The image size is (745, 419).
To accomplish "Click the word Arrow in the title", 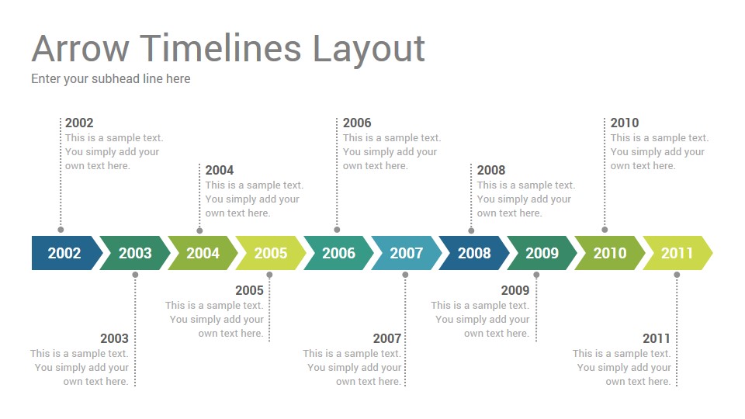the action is (x=80, y=48).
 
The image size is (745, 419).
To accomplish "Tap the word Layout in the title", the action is (x=368, y=51).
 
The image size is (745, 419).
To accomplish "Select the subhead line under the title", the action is (x=111, y=79).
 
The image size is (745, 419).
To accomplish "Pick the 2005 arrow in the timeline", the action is (x=271, y=253).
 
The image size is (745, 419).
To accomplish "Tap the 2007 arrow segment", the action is (x=406, y=253).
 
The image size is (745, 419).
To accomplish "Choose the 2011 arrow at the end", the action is (x=677, y=253).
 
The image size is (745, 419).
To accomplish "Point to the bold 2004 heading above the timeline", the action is (x=220, y=170).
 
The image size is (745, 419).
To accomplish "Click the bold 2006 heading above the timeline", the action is (x=357, y=123).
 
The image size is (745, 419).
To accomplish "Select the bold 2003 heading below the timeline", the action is (x=115, y=338).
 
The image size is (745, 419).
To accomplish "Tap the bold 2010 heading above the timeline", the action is (x=625, y=123).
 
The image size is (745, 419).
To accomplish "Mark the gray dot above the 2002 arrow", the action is (x=61, y=230).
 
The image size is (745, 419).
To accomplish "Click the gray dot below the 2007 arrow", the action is (x=405, y=275).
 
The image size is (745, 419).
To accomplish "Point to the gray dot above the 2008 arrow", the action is (x=471, y=231).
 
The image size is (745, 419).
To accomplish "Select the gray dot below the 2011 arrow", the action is (x=677, y=275).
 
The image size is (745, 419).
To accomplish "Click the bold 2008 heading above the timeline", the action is (x=491, y=170).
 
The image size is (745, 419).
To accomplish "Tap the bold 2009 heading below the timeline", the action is (x=515, y=290).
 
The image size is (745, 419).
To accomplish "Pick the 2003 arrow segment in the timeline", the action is (x=135, y=253).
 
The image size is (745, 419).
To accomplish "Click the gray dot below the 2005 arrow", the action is (x=269, y=275).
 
